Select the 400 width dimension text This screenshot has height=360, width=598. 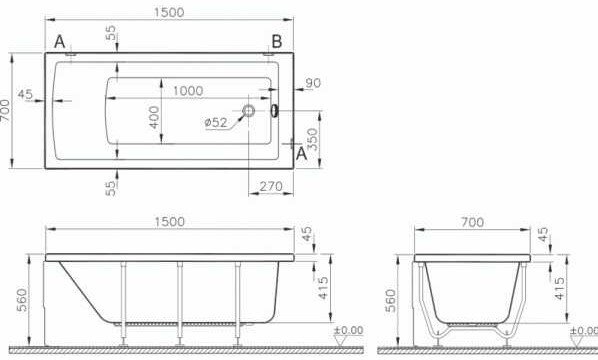(154, 121)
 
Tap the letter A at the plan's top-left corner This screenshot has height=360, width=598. (60, 41)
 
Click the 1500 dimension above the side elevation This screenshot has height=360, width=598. (168, 218)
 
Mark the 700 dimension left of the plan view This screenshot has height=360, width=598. (9, 110)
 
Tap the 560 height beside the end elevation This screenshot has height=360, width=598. (390, 298)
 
